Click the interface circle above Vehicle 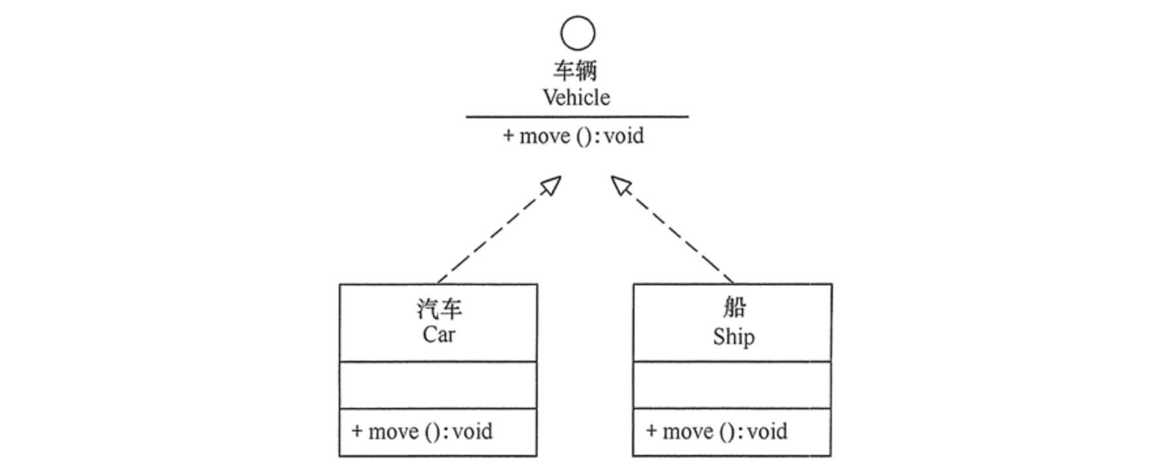pyautogui.click(x=578, y=33)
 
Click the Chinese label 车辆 pyautogui.click(x=576, y=71)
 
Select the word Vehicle pyautogui.click(x=576, y=98)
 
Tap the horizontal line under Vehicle pyautogui.click(x=577, y=117)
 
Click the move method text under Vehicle pyautogui.click(x=574, y=136)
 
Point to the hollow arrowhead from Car pyautogui.click(x=551, y=186)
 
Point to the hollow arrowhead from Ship pyautogui.click(x=621, y=186)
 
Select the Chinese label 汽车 pyautogui.click(x=439, y=309)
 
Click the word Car pyautogui.click(x=438, y=335)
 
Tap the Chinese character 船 pyautogui.click(x=733, y=306)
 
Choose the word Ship pyautogui.click(x=733, y=337)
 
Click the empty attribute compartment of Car pyautogui.click(x=438, y=385)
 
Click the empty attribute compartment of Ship pyautogui.click(x=732, y=385)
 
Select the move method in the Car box pyautogui.click(x=423, y=432)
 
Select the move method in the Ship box pyautogui.click(x=717, y=432)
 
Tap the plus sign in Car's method pyautogui.click(x=357, y=431)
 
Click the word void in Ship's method pyautogui.click(x=767, y=432)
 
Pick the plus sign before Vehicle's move pyautogui.click(x=508, y=136)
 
